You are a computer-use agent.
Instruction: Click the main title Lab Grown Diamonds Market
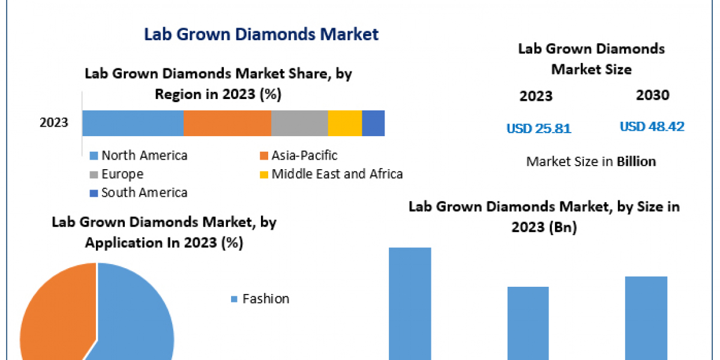coord(261,34)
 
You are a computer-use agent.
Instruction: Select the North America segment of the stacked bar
coord(133,123)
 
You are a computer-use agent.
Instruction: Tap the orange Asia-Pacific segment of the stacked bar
coord(227,123)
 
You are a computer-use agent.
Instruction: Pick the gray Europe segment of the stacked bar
coord(299,123)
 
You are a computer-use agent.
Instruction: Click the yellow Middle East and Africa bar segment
coord(345,123)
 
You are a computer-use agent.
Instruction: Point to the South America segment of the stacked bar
coord(373,123)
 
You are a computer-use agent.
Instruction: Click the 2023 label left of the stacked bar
coord(54,123)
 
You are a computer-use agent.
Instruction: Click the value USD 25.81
coord(539,128)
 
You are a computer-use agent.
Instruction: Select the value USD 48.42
coord(652,127)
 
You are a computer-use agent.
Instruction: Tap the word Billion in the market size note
coord(636,161)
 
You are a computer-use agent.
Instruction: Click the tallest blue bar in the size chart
coord(410,303)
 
